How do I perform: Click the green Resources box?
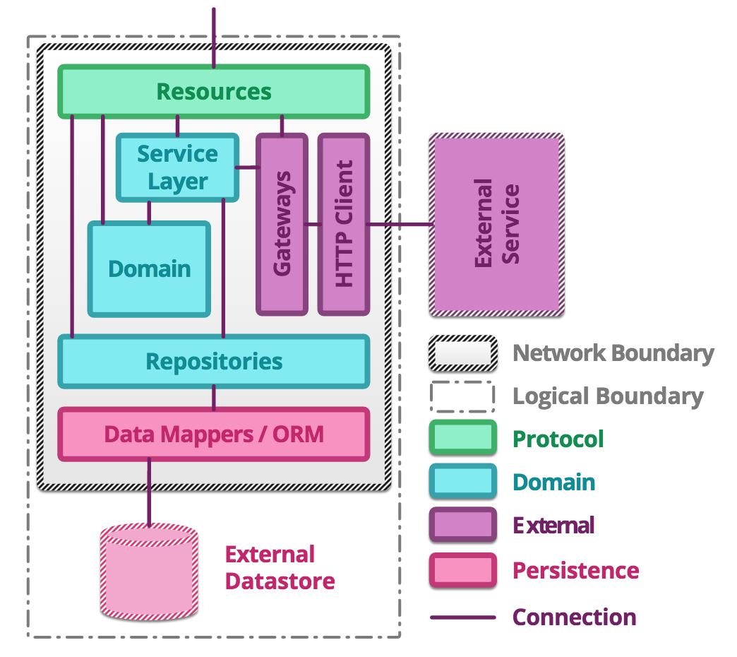213,91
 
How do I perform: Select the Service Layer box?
177,167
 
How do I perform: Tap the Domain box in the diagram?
149,269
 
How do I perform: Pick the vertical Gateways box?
282,224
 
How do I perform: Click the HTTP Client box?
344,224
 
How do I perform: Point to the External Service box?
496,224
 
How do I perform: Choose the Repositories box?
213,362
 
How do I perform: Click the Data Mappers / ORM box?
213,434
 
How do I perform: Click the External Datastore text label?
280,568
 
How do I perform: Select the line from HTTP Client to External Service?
399,225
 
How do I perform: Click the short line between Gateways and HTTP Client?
313,225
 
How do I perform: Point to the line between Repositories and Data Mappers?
214,398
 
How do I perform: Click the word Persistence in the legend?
575,570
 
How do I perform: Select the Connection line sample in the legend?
462,617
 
